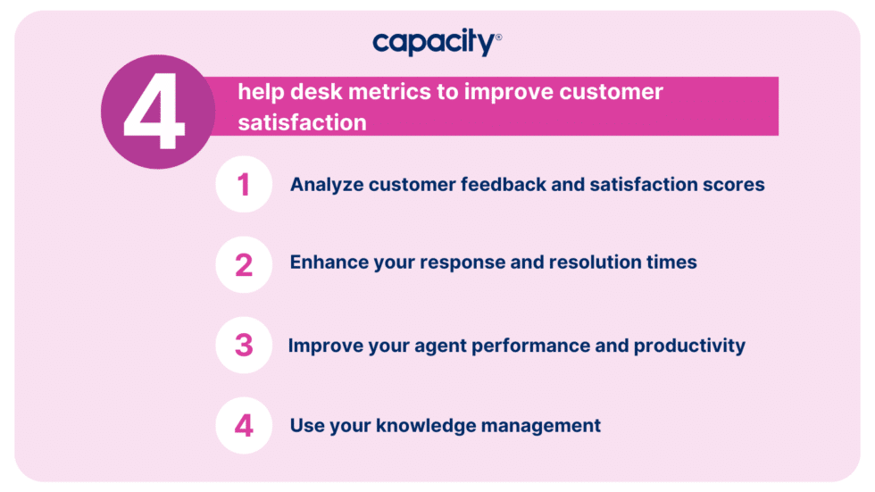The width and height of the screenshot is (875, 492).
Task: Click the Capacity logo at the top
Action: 435,42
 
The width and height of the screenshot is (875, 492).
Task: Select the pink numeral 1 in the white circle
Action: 243,185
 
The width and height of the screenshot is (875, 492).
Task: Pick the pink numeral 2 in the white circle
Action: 243,264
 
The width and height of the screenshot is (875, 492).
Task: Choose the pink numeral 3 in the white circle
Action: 243,346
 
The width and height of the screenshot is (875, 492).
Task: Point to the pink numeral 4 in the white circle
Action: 243,426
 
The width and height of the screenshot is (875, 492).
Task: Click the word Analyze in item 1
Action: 326,185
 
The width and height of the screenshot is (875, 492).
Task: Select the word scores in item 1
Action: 736,185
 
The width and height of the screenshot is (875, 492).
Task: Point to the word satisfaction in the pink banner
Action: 302,122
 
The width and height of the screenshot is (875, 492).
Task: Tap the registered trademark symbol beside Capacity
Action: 498,38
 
